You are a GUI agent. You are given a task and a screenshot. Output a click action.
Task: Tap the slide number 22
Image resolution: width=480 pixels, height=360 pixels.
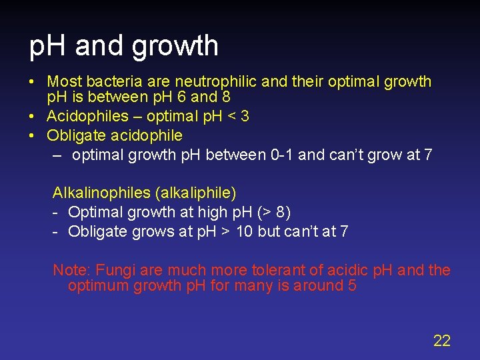pyautogui.click(x=442, y=341)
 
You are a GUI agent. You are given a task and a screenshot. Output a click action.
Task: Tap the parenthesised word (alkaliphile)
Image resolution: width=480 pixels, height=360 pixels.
pyautogui.click(x=195, y=193)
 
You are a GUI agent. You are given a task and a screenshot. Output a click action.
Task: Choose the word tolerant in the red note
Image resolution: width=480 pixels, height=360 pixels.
pyautogui.click(x=281, y=271)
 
